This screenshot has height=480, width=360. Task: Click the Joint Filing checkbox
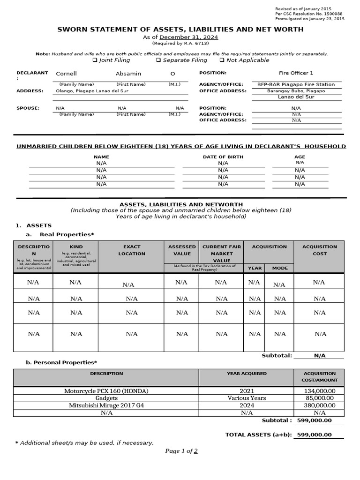point(95,60)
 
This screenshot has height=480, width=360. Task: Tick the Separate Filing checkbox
point(158,60)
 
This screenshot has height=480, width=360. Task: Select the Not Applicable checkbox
point(222,60)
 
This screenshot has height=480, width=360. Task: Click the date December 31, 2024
point(189,37)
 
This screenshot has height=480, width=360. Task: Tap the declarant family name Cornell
point(66,74)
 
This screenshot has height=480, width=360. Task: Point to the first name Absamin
point(128,74)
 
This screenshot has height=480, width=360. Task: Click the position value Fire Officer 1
point(296,73)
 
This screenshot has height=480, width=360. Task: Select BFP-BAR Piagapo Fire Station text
point(296,84)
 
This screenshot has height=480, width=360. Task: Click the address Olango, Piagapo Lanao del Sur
point(92,91)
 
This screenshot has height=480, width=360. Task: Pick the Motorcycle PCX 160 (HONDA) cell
point(106,390)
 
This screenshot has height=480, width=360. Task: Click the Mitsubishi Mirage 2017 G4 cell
point(106,405)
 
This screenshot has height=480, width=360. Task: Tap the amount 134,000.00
point(319,390)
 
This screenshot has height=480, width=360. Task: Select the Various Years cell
point(247,398)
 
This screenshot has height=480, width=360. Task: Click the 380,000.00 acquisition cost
point(319,405)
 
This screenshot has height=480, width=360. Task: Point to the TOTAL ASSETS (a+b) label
point(258,435)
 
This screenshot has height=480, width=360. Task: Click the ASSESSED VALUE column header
point(182,250)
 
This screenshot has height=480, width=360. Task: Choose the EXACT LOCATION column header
point(132,250)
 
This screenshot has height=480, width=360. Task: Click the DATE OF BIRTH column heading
point(223,157)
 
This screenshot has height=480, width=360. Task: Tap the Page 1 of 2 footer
point(181,451)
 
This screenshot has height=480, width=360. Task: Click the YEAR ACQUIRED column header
point(247,374)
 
